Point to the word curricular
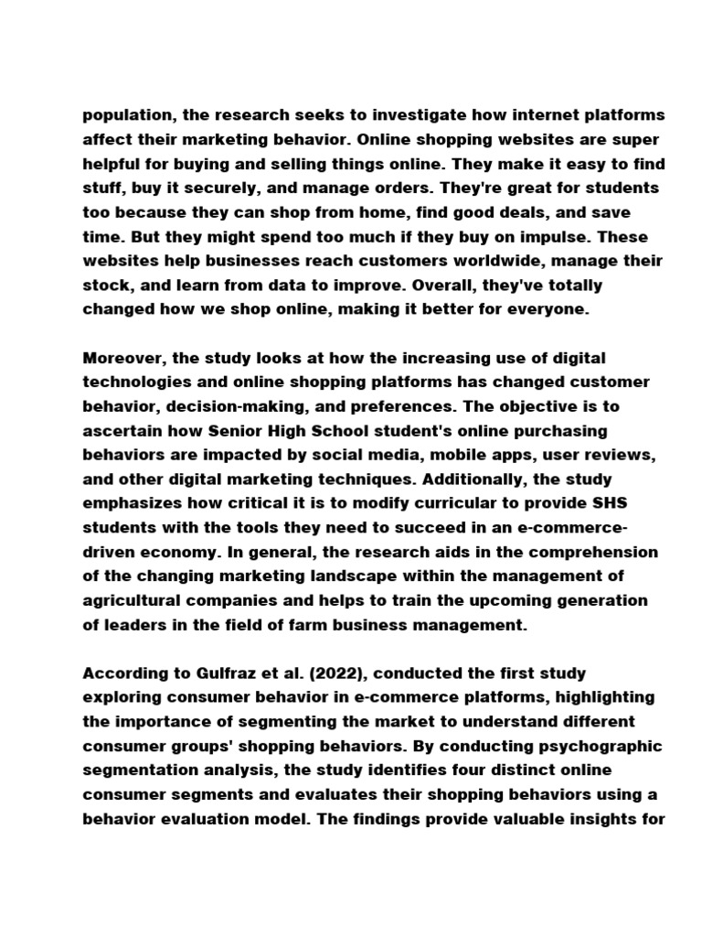coord(450,502)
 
